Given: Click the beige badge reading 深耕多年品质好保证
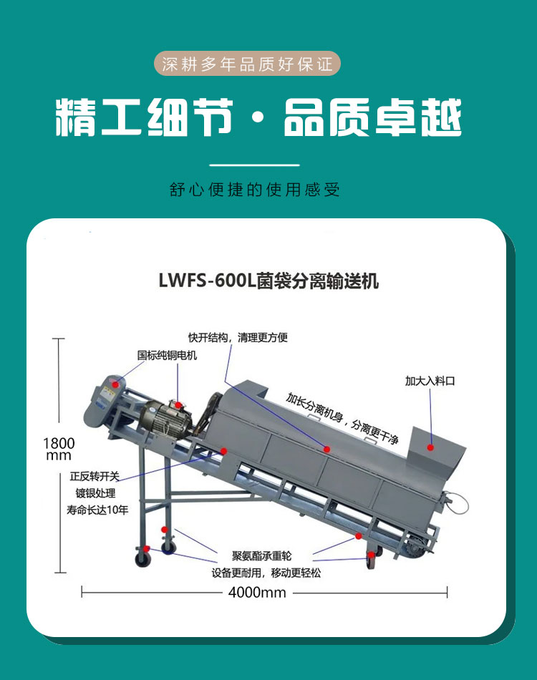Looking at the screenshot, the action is coord(247,64).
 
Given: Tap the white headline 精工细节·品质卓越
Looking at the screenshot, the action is coord(258,117).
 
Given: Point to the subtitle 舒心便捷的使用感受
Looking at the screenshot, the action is coord(255,190).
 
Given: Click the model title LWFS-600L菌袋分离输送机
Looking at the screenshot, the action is coord(268,281).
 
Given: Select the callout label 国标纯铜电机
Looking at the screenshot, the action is coord(167,355).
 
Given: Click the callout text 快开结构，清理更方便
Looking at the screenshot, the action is coord(238,337).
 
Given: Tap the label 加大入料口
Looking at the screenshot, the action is coord(430,381).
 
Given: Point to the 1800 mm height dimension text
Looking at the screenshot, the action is coord(59,449).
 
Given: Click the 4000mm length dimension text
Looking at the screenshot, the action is coord(257,593).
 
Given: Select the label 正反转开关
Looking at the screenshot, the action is coord(95,476).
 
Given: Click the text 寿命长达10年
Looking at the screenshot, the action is coord(97,510).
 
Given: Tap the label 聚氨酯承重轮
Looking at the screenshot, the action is coord(261,555).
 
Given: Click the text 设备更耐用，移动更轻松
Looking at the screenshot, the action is coord(266,573).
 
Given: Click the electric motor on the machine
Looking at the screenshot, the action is coord(167,419).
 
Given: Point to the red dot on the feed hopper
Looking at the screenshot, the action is coord(430,447).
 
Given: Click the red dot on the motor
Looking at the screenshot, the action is coord(178,405).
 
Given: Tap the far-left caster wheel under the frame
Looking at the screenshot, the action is coord(143,558).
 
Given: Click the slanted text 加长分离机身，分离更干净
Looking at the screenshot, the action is coord(342,419).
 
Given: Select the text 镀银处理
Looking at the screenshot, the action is coord(95,493).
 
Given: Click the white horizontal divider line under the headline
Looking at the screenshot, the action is coord(255,165).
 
